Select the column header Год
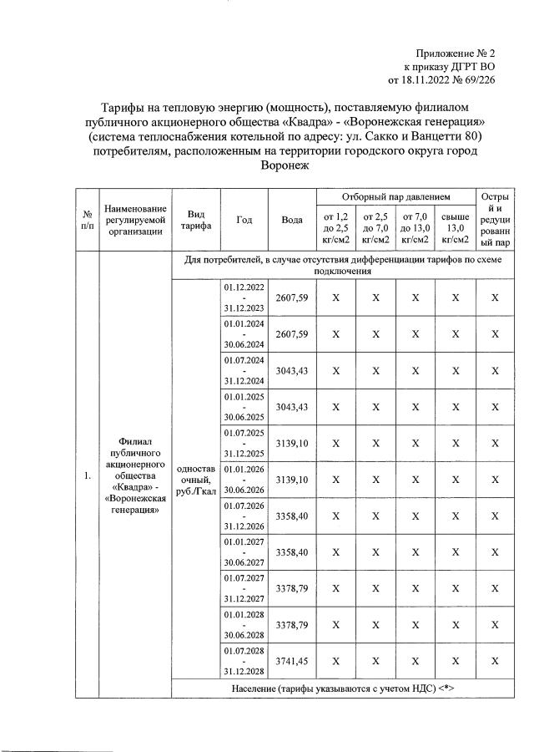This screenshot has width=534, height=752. coord(244,220)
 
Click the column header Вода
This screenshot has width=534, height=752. coord(292,220)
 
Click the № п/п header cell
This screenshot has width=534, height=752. coord(87,220)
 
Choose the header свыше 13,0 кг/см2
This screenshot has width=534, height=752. coord(455,228)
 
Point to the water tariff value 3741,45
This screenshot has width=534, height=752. coord(292,661)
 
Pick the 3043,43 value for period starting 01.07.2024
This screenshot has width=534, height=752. coord(292,370)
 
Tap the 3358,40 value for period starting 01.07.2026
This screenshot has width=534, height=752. coord(292,516)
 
